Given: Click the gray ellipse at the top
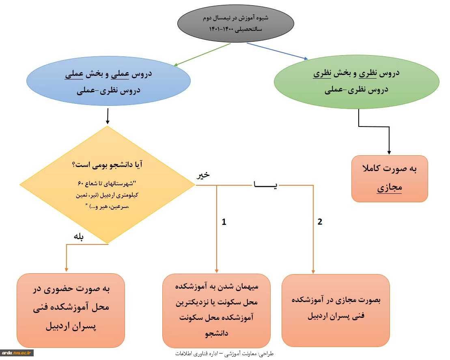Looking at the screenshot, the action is pos(236,23).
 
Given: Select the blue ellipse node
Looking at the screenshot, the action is pos(108,81).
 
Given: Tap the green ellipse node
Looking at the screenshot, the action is pos(356,81).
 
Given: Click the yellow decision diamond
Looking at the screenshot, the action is pos(108,185).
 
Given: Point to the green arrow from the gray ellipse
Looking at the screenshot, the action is pos(202,54).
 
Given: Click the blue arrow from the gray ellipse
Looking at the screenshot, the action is pos(277,51).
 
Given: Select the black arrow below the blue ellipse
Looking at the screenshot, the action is pos(108,116).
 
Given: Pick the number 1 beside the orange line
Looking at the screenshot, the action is pos(224,222).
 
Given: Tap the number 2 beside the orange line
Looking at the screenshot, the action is pos(320,222).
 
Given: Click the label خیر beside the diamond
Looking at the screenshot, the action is pos(203,175).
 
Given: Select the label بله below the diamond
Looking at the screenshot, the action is pos(78,237).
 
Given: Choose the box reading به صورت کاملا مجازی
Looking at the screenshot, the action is pos(390,178).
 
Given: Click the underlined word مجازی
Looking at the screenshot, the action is pos(390,188).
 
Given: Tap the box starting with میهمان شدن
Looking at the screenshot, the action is pos(216,311).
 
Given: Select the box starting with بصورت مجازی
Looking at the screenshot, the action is pos(336,311).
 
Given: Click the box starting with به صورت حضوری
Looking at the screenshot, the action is pos(71,311).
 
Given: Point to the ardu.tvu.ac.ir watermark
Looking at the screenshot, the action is pos(17,353).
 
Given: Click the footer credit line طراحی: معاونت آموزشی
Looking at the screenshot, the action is pos(224,354).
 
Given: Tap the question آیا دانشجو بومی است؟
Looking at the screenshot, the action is pos(108,165).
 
